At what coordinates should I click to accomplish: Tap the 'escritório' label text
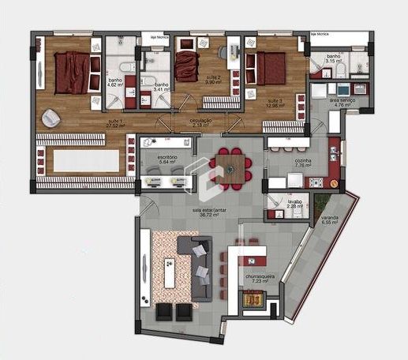[167, 158]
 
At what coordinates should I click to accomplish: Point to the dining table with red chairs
[230, 167]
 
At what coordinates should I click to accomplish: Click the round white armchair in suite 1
[51, 117]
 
